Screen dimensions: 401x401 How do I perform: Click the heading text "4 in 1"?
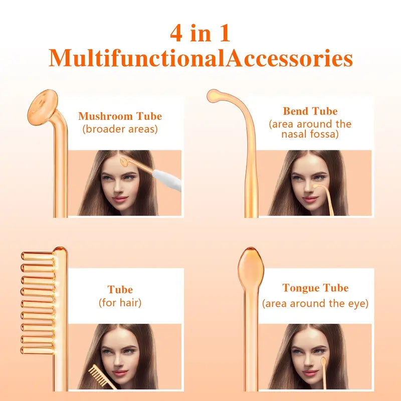point(200,34)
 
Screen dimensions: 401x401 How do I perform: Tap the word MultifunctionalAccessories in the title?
point(200,59)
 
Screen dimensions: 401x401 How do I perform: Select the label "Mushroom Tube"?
point(120,116)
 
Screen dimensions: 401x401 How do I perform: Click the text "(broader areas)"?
point(120,129)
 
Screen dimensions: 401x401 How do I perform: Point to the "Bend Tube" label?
point(310,111)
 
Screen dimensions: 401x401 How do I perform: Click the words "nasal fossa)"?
point(310,134)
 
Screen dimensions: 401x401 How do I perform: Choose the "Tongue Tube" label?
point(315,288)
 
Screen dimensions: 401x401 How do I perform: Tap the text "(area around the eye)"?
point(315,304)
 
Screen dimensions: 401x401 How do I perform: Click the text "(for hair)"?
point(120,302)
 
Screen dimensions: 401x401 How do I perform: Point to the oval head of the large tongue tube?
point(249,261)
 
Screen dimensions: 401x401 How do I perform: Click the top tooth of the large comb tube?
point(37,256)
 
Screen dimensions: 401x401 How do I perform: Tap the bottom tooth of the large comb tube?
point(37,350)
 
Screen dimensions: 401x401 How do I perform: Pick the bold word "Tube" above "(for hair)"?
point(120,290)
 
